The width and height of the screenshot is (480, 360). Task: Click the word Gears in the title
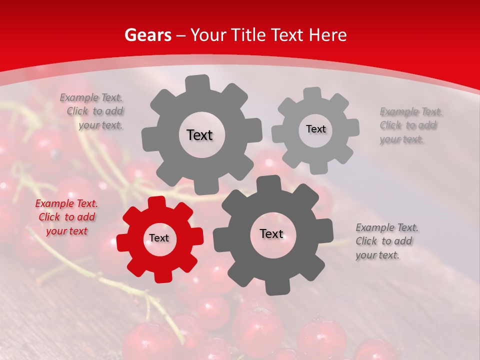click(x=146, y=35)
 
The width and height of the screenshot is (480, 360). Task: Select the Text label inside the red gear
click(x=159, y=238)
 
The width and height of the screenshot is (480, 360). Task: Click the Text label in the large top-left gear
click(x=199, y=135)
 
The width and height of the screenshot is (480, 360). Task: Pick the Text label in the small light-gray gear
click(x=315, y=129)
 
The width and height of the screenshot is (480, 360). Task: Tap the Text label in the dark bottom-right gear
click(x=271, y=234)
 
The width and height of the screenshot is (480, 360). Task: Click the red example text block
click(x=66, y=217)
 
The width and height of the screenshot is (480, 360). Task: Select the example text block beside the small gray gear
click(x=410, y=125)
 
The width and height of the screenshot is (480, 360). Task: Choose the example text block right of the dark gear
click(x=386, y=241)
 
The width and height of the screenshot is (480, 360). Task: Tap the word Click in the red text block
click(x=49, y=217)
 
